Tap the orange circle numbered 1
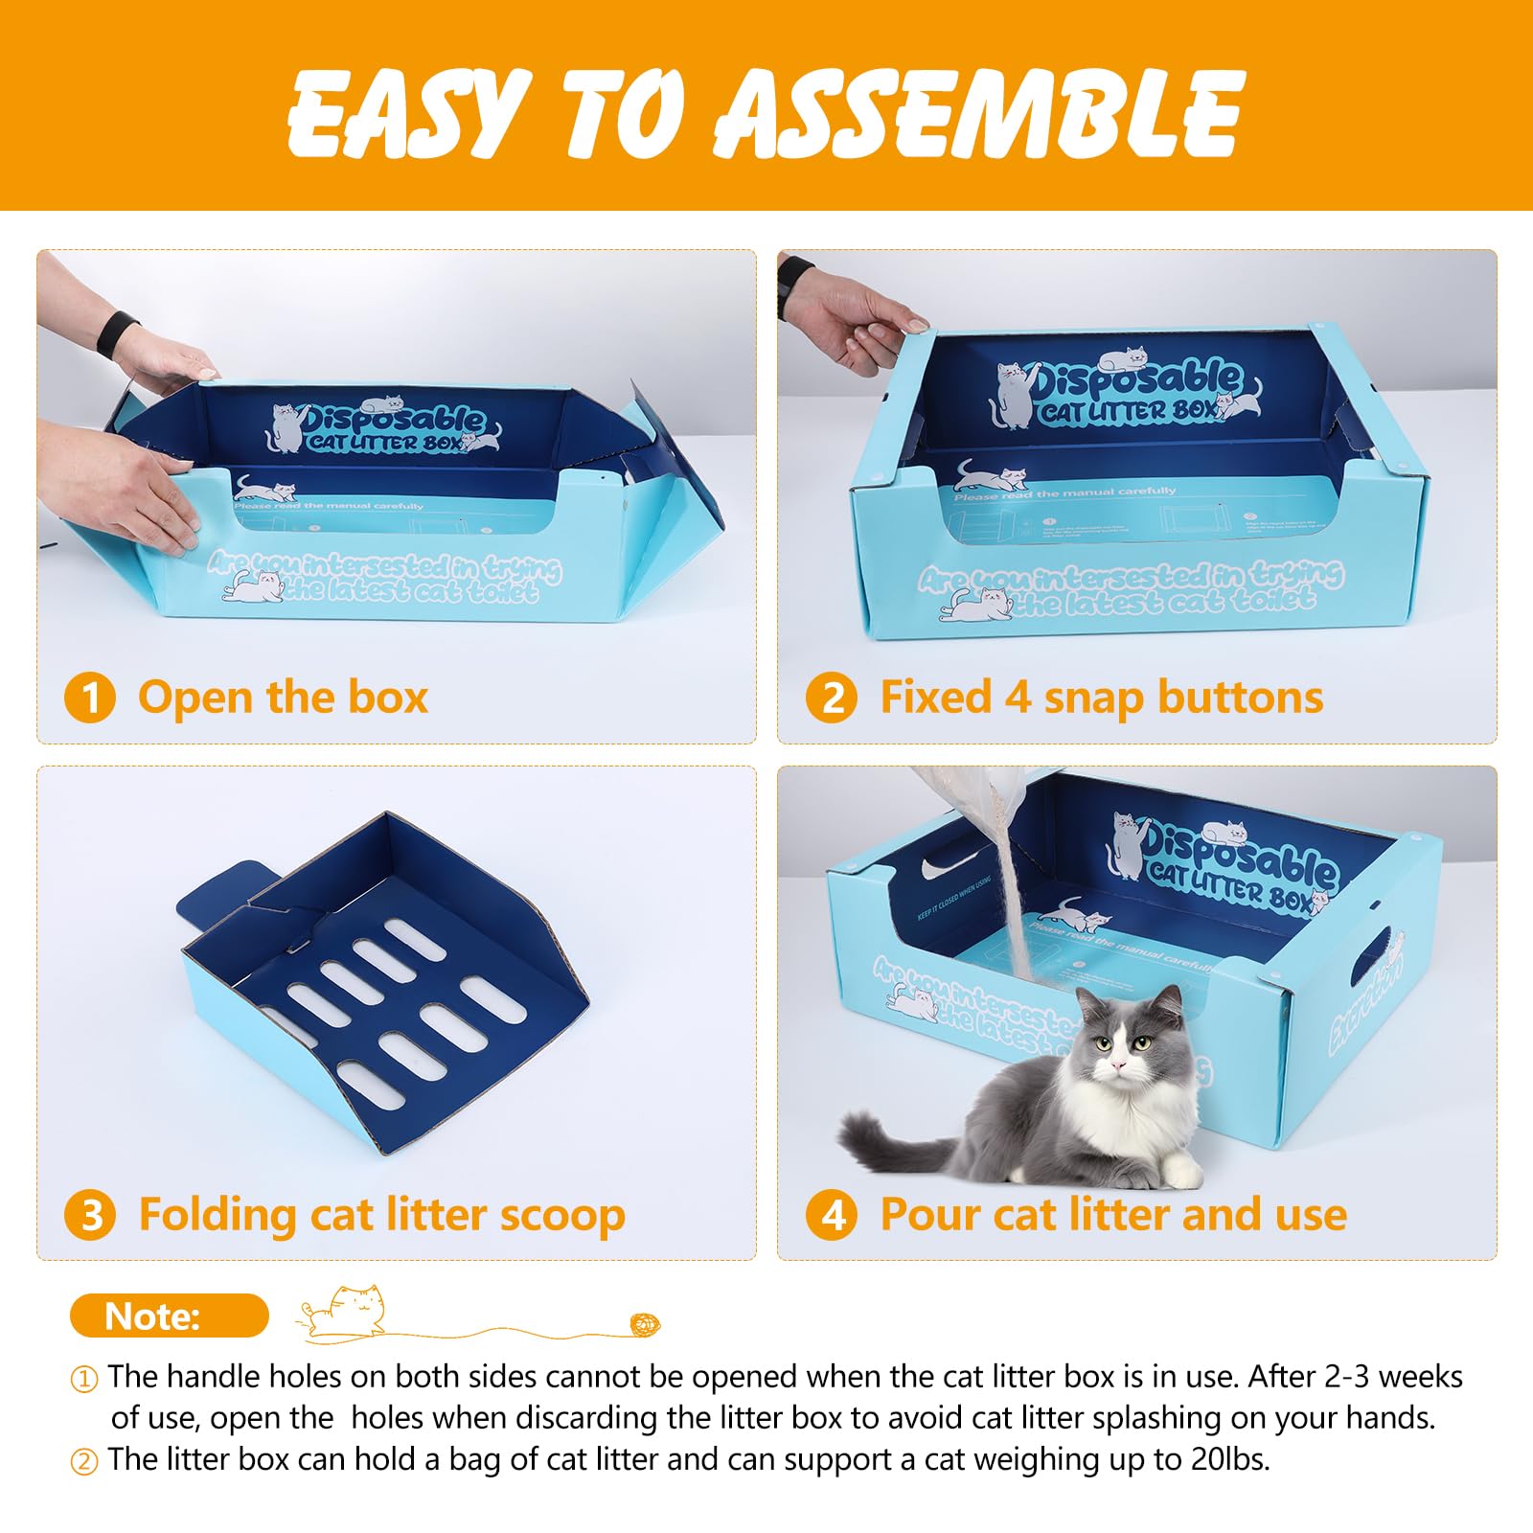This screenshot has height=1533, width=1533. (90, 698)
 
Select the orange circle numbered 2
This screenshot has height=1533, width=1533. (831, 698)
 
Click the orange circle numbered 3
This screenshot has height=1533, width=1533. (90, 1215)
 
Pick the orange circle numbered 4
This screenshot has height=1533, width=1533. (831, 1215)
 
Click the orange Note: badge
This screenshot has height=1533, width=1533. (169, 1316)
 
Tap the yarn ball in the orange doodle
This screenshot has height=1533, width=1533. (645, 1325)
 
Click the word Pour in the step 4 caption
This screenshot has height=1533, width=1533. (928, 1215)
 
